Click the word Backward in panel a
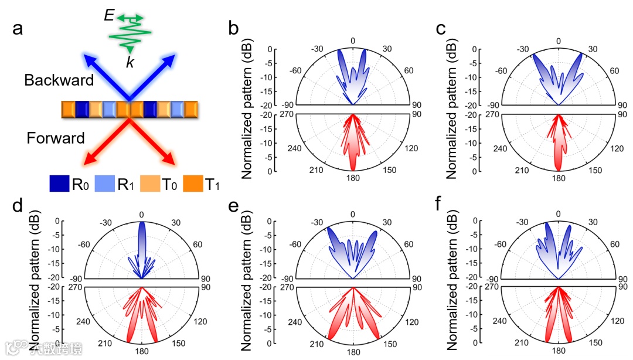point(59,80)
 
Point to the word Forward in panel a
point(56,138)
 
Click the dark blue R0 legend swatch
point(59,184)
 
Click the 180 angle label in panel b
point(353,179)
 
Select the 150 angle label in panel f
point(595,342)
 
